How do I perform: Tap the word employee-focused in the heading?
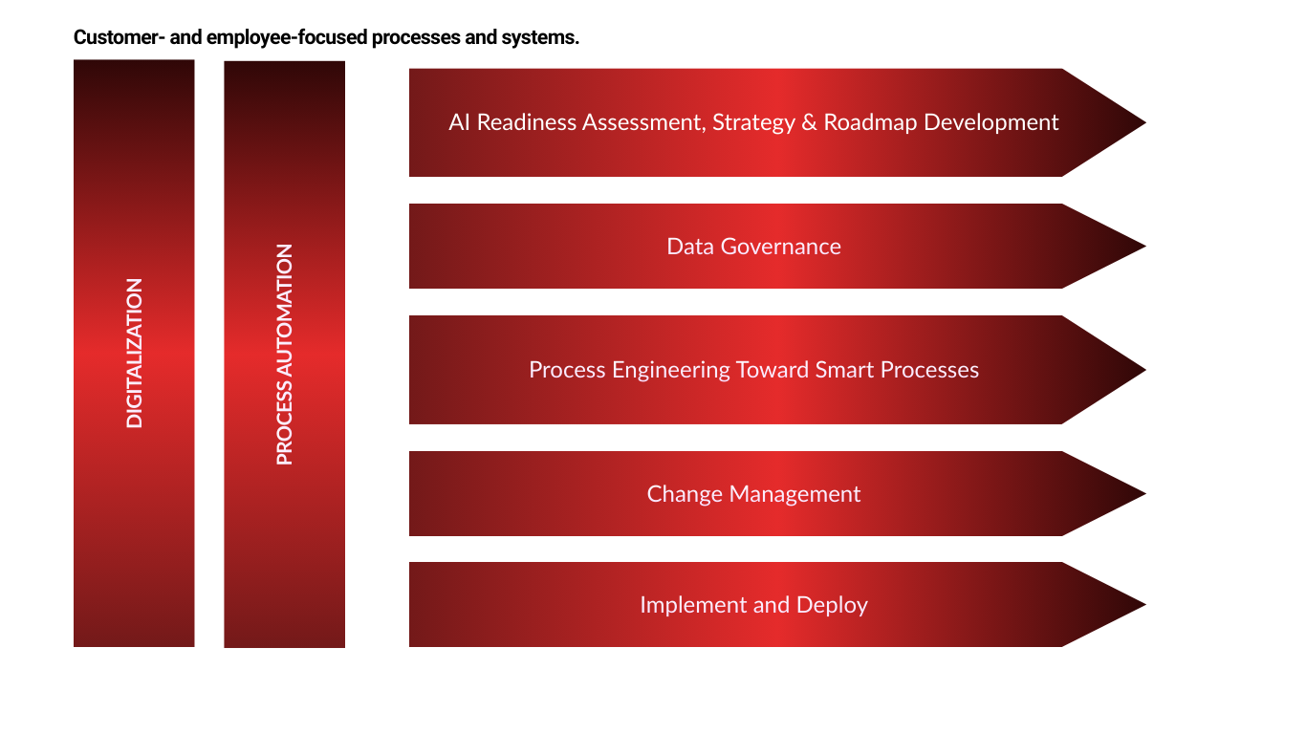coord(287,38)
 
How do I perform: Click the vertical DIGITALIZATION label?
coord(134,354)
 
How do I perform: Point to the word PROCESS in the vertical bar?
coord(284,422)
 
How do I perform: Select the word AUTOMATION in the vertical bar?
coord(284,310)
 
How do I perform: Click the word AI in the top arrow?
coord(460,122)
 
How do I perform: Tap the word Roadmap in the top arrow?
coord(870,123)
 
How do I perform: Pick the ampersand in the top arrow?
coord(809,122)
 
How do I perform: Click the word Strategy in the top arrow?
coord(753,123)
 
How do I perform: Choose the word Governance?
coord(781,247)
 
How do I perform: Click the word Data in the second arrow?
coord(690,247)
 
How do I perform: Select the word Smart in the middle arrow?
coord(844,370)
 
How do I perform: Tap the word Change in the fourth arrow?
coord(685,494)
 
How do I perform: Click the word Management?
coord(794,494)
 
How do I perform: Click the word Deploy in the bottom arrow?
coord(832,605)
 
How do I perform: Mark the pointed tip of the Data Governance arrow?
coord(1145,246)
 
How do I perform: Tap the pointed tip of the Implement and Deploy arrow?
coord(1145,605)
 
